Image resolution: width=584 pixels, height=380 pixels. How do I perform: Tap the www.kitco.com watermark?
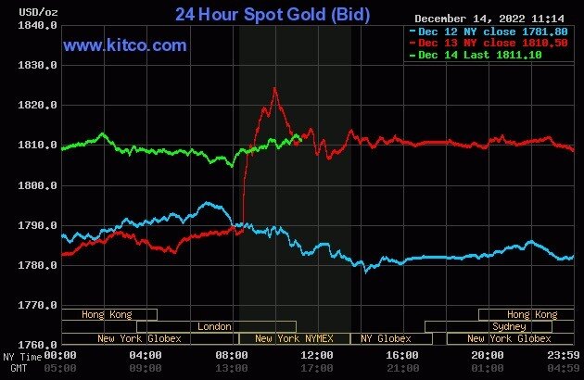pos(125,44)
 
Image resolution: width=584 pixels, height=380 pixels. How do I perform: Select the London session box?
pos(215,326)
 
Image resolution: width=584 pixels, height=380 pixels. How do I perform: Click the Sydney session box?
pos(509,326)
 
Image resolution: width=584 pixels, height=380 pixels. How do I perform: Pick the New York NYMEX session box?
pos(295,338)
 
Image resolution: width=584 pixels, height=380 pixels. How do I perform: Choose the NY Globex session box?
pos(386,338)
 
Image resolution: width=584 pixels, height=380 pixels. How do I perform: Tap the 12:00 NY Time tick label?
pos(318,355)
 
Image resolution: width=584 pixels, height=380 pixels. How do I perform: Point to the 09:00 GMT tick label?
pos(146,367)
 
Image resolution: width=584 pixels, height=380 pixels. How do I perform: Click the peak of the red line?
pos(274,88)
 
